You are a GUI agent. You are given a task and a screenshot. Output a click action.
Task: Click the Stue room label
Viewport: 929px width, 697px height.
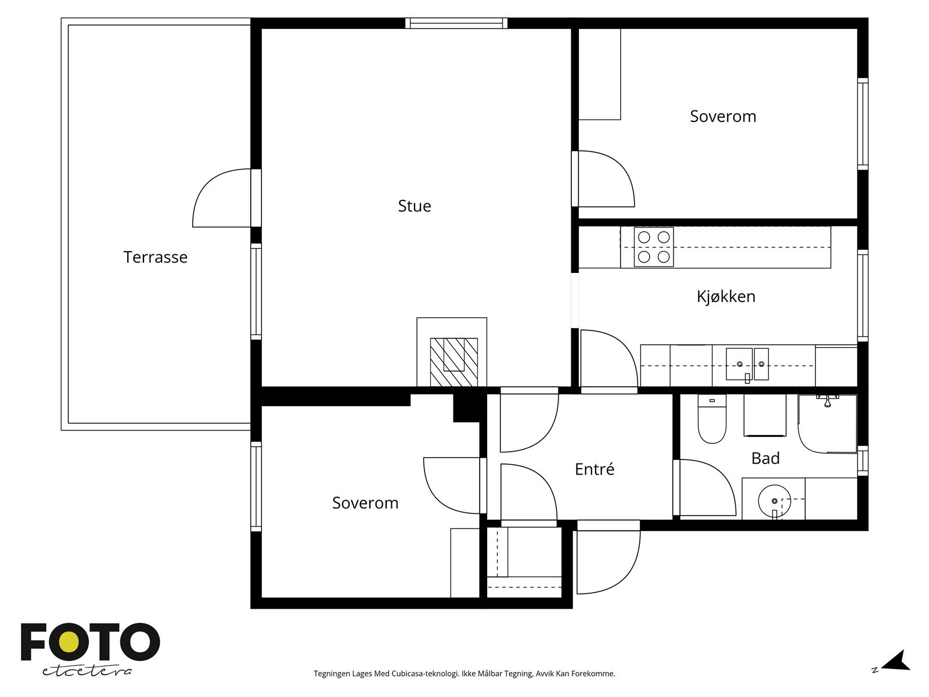click(x=415, y=206)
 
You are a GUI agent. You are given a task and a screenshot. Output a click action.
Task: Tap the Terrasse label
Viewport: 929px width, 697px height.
click(x=156, y=257)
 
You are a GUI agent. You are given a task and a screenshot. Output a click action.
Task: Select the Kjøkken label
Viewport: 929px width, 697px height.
click(x=726, y=297)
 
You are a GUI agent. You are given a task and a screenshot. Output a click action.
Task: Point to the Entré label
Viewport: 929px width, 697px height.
click(x=594, y=469)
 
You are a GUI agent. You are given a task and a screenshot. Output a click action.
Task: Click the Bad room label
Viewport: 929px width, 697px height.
click(x=765, y=458)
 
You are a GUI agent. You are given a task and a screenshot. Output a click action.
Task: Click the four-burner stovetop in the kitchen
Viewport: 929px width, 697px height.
click(x=653, y=247)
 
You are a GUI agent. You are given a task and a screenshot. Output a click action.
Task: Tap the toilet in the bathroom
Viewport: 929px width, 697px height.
click(x=712, y=419)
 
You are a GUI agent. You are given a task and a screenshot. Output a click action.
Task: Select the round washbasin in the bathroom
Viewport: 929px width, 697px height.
click(x=774, y=501)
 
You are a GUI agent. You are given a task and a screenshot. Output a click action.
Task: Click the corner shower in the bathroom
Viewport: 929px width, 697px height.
click(x=827, y=423)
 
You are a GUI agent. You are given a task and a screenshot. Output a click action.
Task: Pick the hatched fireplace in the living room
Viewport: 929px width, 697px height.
click(x=453, y=362)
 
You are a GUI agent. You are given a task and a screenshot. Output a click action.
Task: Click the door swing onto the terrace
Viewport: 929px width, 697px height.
click(x=222, y=198)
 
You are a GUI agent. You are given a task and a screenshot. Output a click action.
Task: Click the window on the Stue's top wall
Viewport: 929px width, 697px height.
click(x=456, y=23)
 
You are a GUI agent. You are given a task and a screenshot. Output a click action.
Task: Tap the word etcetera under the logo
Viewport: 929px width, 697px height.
click(x=87, y=671)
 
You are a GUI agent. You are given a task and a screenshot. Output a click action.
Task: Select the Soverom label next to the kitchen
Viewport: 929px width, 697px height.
click(x=723, y=116)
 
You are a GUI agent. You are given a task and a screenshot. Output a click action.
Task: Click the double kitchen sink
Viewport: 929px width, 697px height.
click(x=747, y=364)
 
